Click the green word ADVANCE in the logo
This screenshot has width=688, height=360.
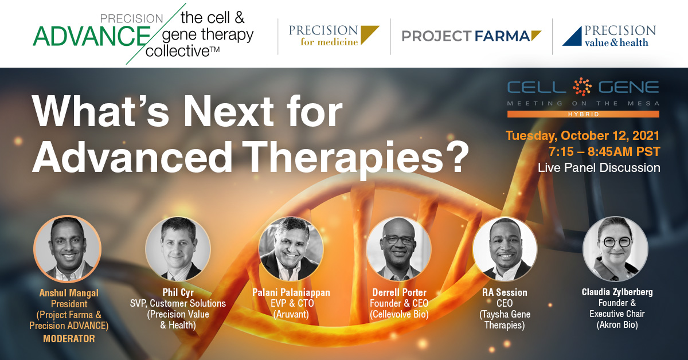click(91, 36)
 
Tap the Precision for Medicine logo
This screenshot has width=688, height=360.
click(334, 36)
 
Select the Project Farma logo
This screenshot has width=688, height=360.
click(471, 36)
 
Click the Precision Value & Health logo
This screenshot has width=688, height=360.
click(609, 36)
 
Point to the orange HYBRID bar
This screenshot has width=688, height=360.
click(583, 114)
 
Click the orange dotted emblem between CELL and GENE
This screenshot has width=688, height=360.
click(582, 87)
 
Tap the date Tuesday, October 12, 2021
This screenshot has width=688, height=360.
click(583, 135)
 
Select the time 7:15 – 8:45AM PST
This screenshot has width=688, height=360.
click(604, 151)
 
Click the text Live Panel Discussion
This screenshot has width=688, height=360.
click(599, 168)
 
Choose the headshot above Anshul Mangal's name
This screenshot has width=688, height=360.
click(68, 249)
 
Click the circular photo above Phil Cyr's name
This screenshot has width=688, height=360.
click(178, 249)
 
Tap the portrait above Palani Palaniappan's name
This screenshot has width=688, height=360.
click(291, 249)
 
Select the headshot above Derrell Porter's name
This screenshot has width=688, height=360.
click(398, 249)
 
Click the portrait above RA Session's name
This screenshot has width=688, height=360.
click(505, 249)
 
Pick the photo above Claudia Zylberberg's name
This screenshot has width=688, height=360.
click(616, 249)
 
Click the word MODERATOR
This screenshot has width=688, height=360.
click(69, 338)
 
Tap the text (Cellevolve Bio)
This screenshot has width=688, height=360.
click(399, 314)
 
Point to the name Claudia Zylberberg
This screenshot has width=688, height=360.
click(617, 292)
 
